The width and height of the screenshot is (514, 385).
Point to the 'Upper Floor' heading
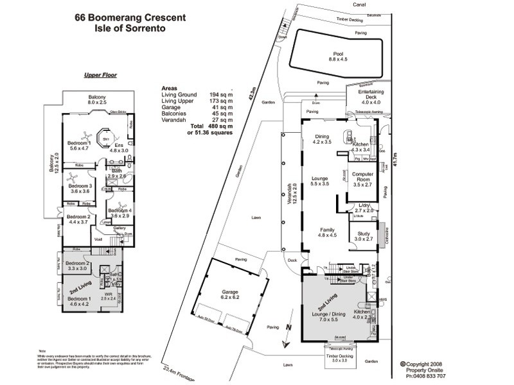pos(100,75)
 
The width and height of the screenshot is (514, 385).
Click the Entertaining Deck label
pos(371,97)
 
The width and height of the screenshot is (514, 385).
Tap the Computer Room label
pos(363,178)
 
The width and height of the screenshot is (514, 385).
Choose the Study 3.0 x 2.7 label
pos(364,237)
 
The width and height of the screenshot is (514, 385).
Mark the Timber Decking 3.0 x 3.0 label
pos(338,357)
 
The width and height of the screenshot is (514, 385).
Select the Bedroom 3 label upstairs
pos(82,188)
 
